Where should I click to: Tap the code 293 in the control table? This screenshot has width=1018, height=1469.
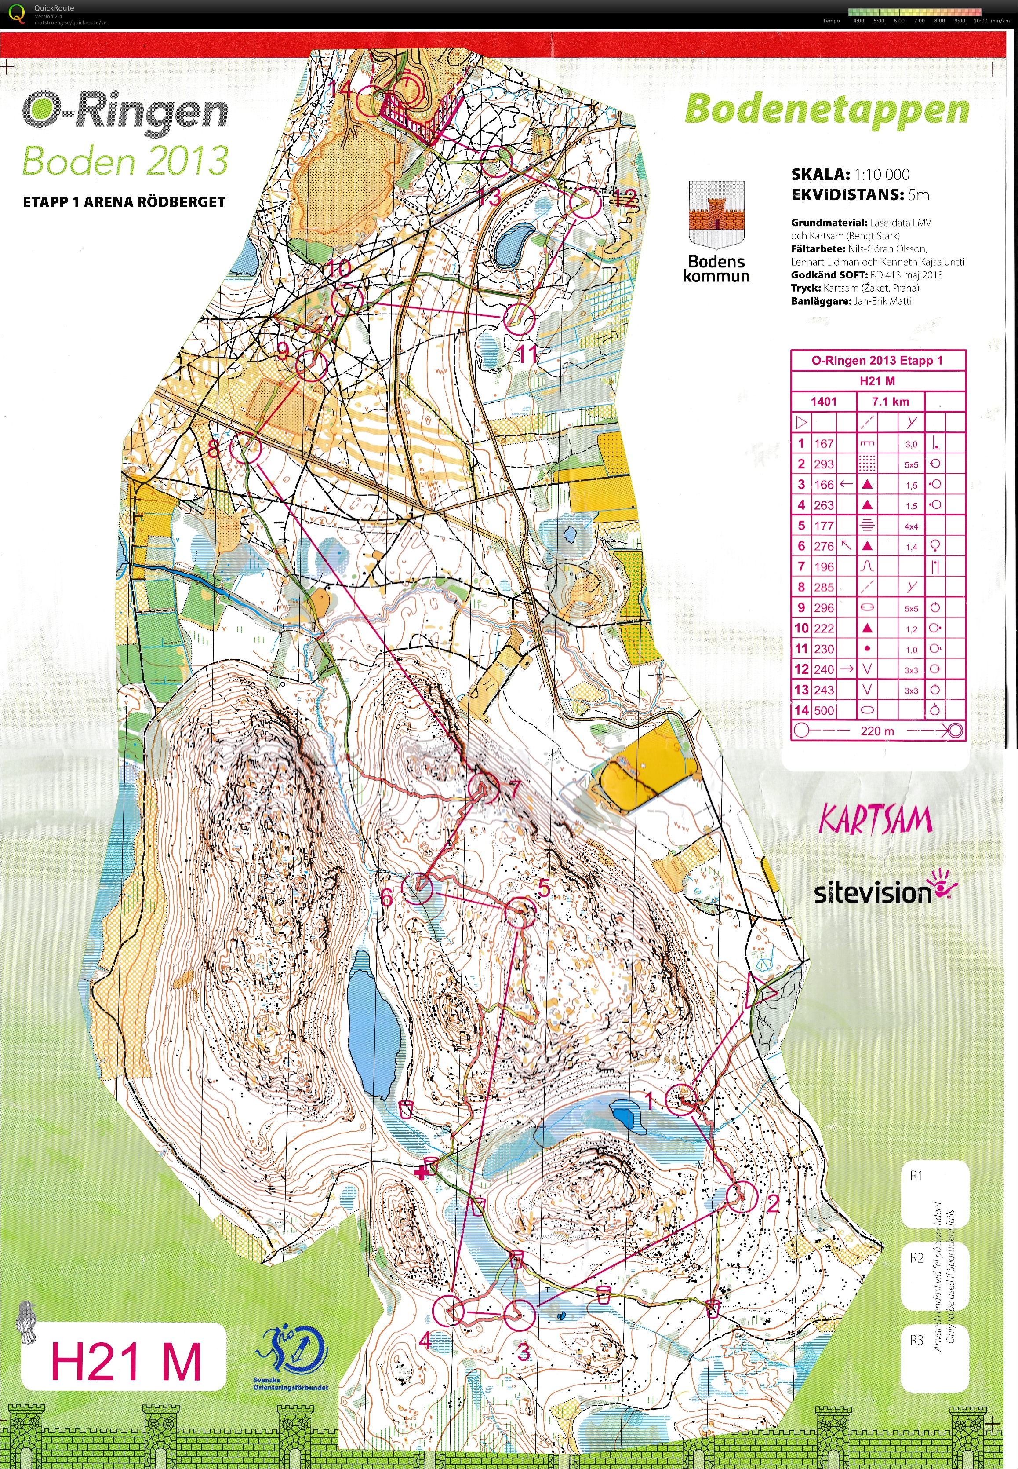(823, 464)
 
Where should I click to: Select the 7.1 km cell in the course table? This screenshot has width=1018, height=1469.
(891, 402)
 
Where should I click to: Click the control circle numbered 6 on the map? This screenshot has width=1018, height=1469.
(417, 888)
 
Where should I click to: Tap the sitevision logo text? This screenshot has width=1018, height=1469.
(873, 893)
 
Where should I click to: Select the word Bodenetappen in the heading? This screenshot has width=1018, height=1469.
(827, 110)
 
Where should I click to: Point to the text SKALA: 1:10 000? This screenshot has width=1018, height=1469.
(850, 174)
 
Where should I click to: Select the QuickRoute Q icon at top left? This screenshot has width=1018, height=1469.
(14, 13)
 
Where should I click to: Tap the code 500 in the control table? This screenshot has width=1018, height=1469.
(823, 710)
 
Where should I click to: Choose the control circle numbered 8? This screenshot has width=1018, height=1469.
(246, 448)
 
